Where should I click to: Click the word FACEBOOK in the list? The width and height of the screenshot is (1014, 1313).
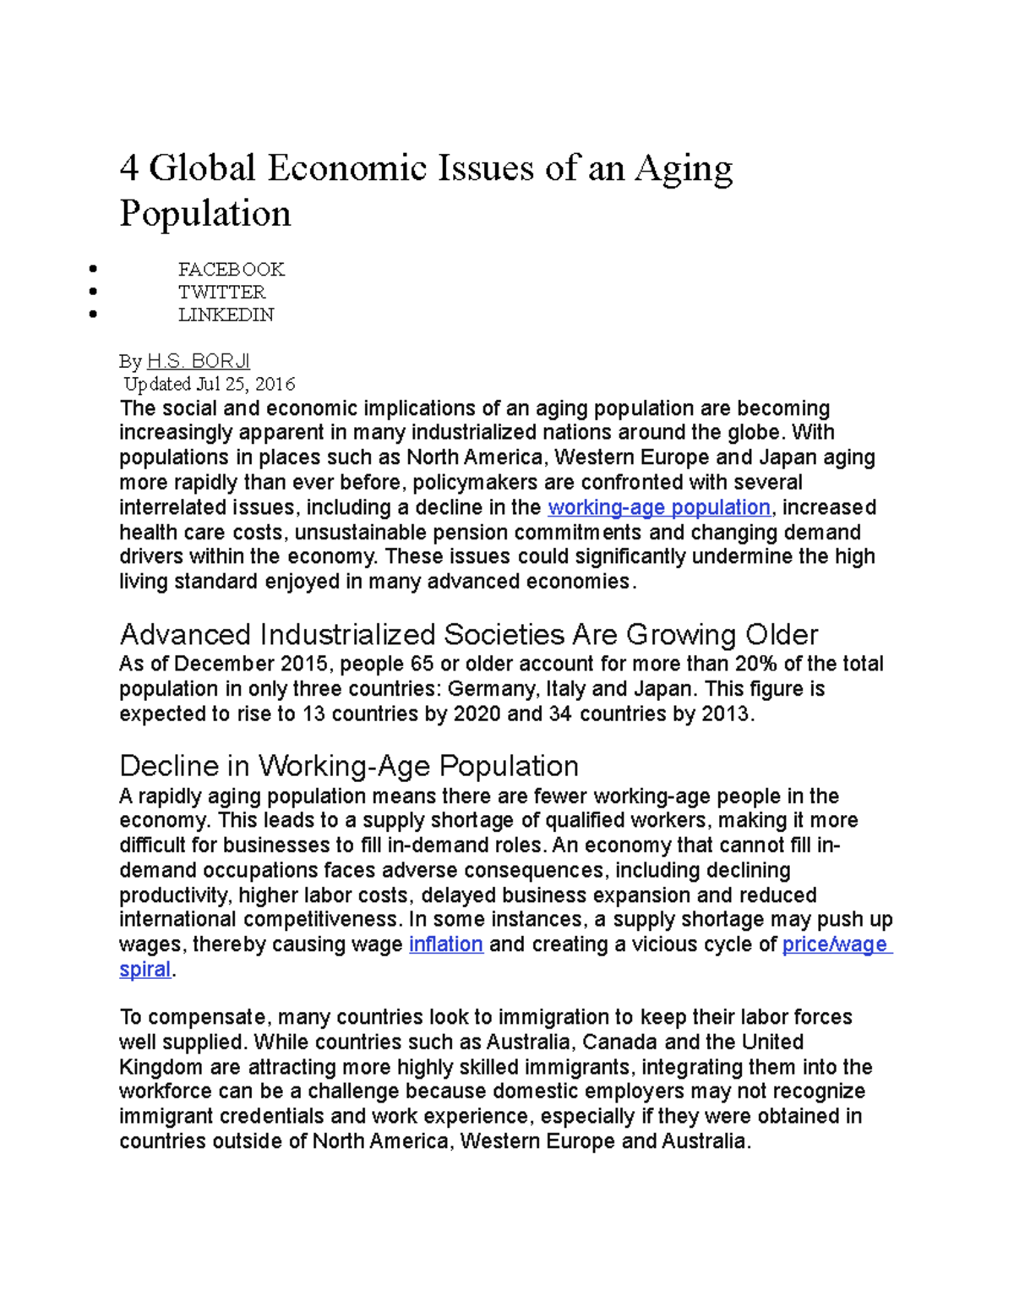[x=231, y=270]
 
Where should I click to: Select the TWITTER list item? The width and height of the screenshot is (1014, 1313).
[x=221, y=293]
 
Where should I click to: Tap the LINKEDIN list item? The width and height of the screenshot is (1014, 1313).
[x=226, y=315]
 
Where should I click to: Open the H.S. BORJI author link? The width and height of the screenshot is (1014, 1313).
[x=199, y=362]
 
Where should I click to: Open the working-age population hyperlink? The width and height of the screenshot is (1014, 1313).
[x=659, y=507]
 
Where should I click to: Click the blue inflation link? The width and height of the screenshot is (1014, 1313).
[x=445, y=944]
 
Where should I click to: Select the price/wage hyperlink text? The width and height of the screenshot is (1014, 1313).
[x=835, y=944]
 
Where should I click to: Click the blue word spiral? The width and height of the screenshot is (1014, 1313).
[x=144, y=970]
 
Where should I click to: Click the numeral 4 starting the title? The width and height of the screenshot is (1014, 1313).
[x=128, y=168]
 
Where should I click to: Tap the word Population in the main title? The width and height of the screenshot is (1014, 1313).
[x=205, y=213]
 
